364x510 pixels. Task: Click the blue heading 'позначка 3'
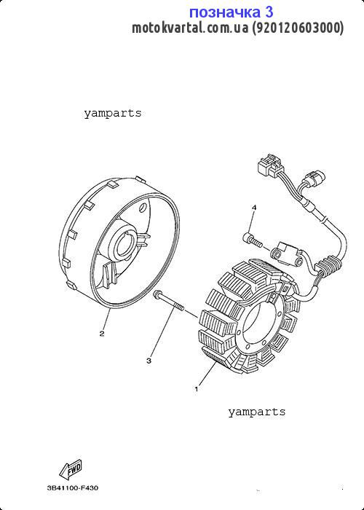coord(231,12)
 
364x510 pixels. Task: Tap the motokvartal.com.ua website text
coord(190,28)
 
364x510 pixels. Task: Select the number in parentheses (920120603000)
coord(298,28)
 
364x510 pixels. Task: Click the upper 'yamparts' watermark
coord(113,113)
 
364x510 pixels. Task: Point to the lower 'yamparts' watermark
coord(257,412)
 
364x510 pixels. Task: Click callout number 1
coord(197,388)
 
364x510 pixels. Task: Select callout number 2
coord(102,334)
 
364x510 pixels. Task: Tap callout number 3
coord(149,361)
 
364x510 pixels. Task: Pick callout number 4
coord(254,207)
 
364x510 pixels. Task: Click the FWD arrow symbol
coord(71,469)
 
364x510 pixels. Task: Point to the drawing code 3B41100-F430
coord(73,488)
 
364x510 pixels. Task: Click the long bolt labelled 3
coord(168,300)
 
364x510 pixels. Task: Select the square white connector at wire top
coord(271,166)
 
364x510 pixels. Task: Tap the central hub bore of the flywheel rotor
coord(127,248)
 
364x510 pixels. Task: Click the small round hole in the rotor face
coord(143,208)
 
